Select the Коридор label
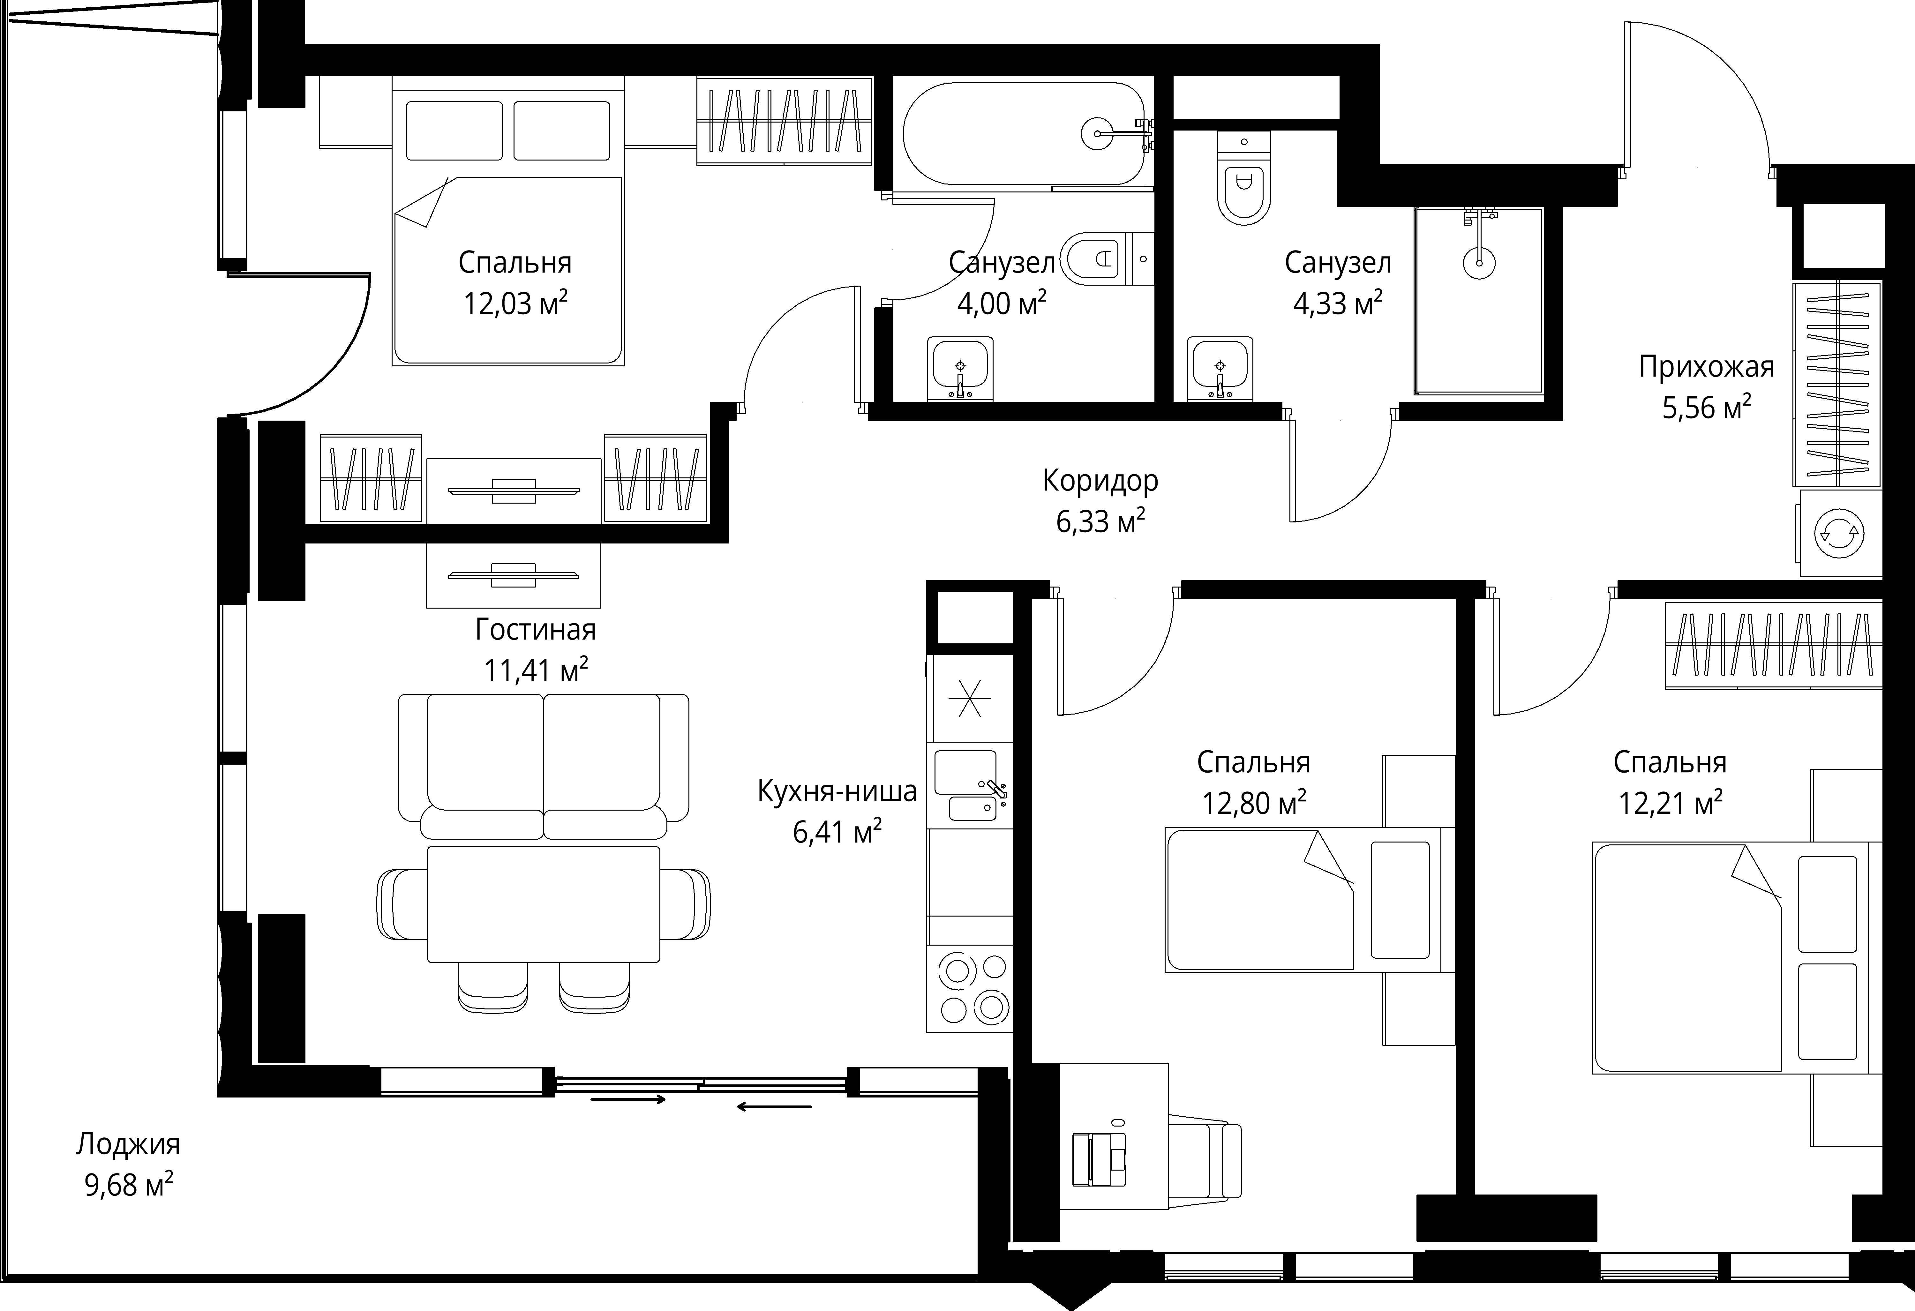(1100, 480)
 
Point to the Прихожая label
(1706, 367)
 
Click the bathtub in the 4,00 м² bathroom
(1024, 133)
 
